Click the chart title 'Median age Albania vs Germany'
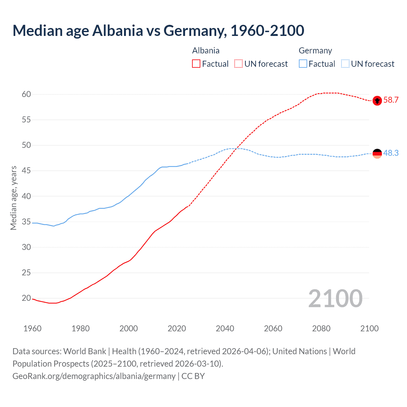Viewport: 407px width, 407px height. pos(158,31)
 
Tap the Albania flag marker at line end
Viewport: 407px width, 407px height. pos(377,100)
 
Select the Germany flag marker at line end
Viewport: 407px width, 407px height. pos(377,154)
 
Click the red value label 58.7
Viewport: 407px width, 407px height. pos(391,100)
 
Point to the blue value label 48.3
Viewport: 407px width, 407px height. pos(391,153)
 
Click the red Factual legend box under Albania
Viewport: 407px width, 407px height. pos(196,64)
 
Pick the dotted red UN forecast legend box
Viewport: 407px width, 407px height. pos(238,64)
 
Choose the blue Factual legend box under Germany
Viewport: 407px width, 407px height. pos(303,64)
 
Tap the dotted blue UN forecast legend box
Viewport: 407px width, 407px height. pos(345,64)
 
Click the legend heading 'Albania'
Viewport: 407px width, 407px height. pos(206,51)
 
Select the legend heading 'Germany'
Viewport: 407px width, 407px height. pos(315,51)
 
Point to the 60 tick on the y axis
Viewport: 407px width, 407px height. pos(26,94)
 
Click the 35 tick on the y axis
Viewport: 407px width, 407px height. pos(26,222)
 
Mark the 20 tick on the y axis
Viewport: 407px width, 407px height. pos(26,298)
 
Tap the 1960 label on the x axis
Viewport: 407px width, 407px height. pos(32,328)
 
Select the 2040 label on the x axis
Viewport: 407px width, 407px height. pos(225,328)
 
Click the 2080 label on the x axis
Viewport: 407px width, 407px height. pos(321,328)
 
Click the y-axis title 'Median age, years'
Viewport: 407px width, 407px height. pos(13,198)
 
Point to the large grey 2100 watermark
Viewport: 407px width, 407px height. pos(335,298)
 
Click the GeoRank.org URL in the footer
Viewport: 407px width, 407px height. pos(94,376)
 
